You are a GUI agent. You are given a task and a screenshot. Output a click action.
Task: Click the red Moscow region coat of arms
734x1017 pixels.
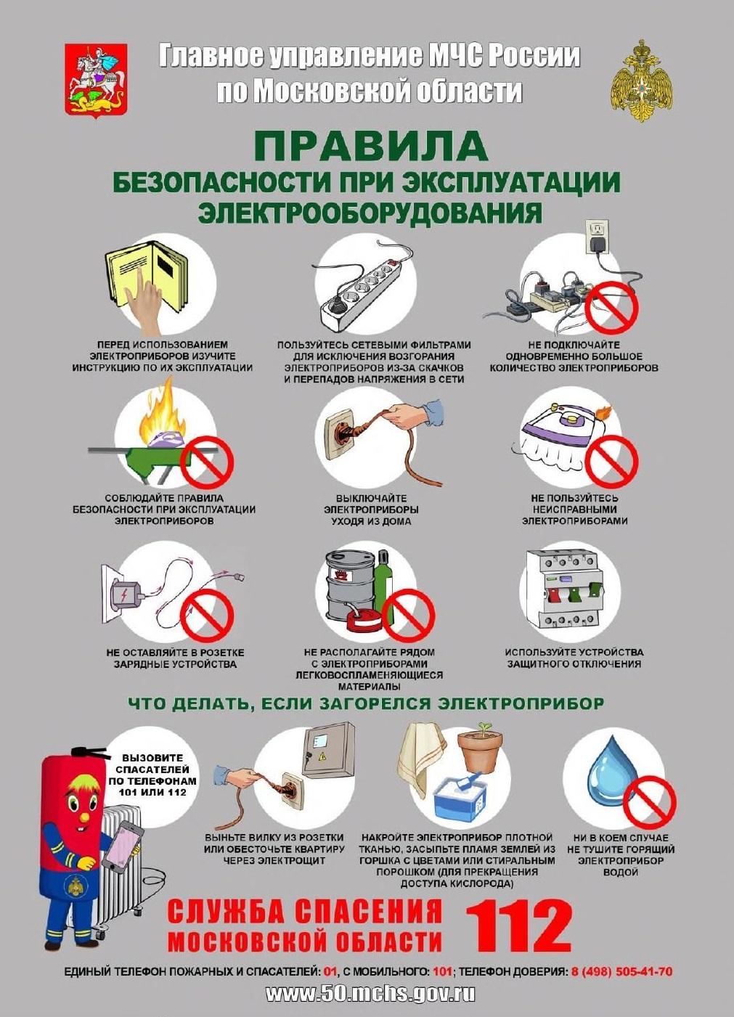(96, 80)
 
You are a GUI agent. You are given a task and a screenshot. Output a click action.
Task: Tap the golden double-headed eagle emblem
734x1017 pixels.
(639, 80)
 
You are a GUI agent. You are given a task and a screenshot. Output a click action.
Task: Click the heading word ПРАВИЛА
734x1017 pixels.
(370, 146)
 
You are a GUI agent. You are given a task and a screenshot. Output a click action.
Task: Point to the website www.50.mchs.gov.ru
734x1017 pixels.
(370, 994)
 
